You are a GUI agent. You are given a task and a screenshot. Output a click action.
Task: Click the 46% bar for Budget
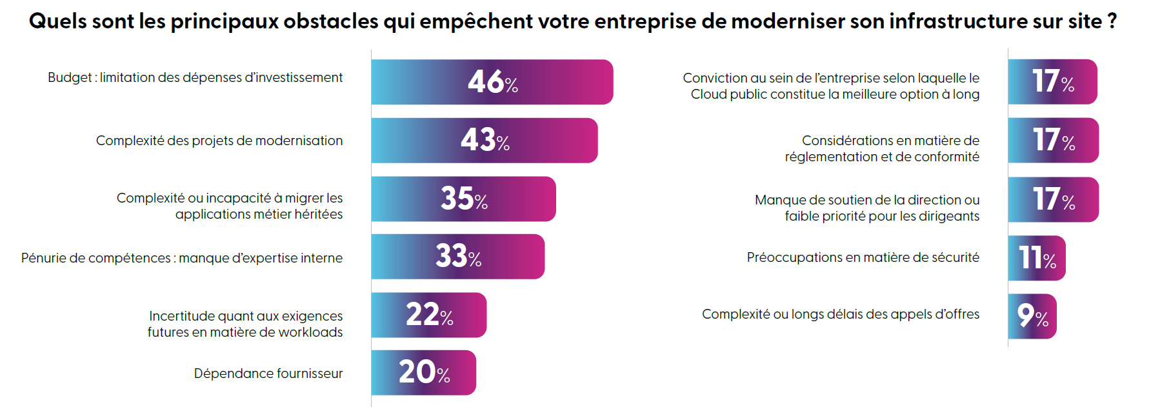[x=492, y=82]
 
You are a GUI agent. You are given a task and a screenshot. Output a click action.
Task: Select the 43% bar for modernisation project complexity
[x=484, y=141]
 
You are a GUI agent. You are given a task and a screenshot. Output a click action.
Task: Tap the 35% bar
[x=463, y=199]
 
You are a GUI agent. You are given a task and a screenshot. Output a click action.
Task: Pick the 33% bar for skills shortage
[x=457, y=257]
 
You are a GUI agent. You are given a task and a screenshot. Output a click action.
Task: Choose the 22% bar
[x=428, y=315]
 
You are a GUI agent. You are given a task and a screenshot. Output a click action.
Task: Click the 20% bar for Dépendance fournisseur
[x=423, y=373]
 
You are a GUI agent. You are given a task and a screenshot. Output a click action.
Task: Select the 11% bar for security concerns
[x=1036, y=258]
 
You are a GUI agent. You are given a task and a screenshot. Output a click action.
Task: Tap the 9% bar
[x=1032, y=316]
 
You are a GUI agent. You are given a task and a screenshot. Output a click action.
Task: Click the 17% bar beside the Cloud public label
[x=1052, y=82]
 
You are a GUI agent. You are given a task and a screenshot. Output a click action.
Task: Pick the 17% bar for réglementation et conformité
[x=1053, y=141]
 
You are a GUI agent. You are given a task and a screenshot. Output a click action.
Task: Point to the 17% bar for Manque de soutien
[x=1053, y=200]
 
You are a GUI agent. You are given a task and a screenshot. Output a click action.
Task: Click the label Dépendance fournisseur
[x=268, y=373]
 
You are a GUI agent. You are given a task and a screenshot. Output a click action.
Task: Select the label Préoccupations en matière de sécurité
[x=863, y=257]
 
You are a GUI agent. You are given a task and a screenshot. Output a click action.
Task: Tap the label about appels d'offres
[x=840, y=314]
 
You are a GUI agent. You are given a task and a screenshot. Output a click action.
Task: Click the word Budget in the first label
[x=70, y=77]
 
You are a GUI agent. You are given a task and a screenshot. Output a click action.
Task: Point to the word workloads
[x=314, y=332]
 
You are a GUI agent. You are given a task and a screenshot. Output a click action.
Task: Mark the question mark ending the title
[x=1112, y=21]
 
